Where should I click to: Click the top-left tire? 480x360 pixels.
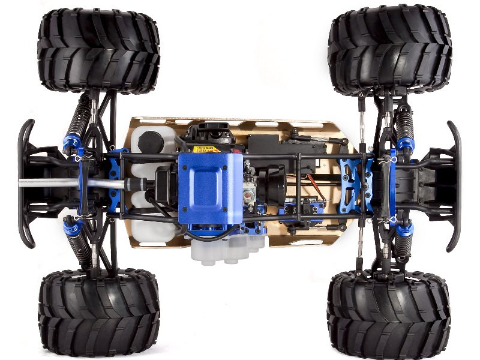tap(98, 51)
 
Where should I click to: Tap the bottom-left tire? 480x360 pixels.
tap(98, 313)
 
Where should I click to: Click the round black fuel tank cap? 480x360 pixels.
tap(149, 143)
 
